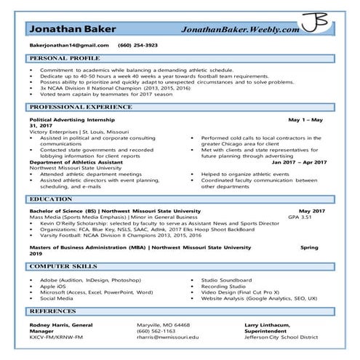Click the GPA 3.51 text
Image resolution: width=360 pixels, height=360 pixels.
[x=299, y=217]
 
